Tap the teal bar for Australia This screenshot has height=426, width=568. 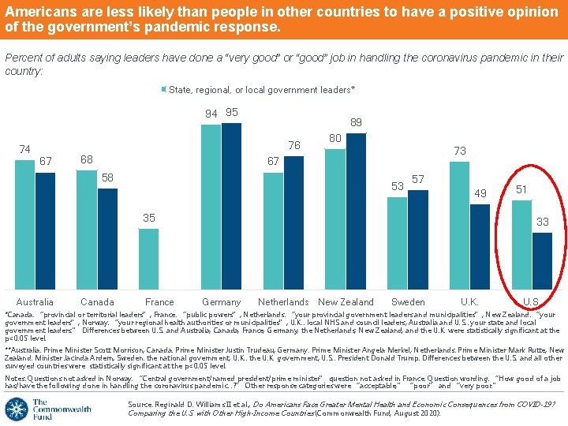pos(24,226)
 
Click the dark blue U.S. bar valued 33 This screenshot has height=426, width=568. pos(542,261)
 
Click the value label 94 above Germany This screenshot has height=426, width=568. pos(211,114)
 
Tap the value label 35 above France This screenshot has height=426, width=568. pos(148,219)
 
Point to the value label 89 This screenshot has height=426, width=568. pos(356,123)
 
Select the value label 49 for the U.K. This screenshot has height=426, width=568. pos(480,193)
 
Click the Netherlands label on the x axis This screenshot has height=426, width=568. pos(283,302)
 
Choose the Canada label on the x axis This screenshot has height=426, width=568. pos(97,302)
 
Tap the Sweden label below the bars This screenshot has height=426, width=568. pos(408,302)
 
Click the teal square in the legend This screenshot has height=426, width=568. pos(165,90)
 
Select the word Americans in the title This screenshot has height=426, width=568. pos(34,13)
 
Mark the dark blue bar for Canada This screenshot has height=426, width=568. pos(107,239)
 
